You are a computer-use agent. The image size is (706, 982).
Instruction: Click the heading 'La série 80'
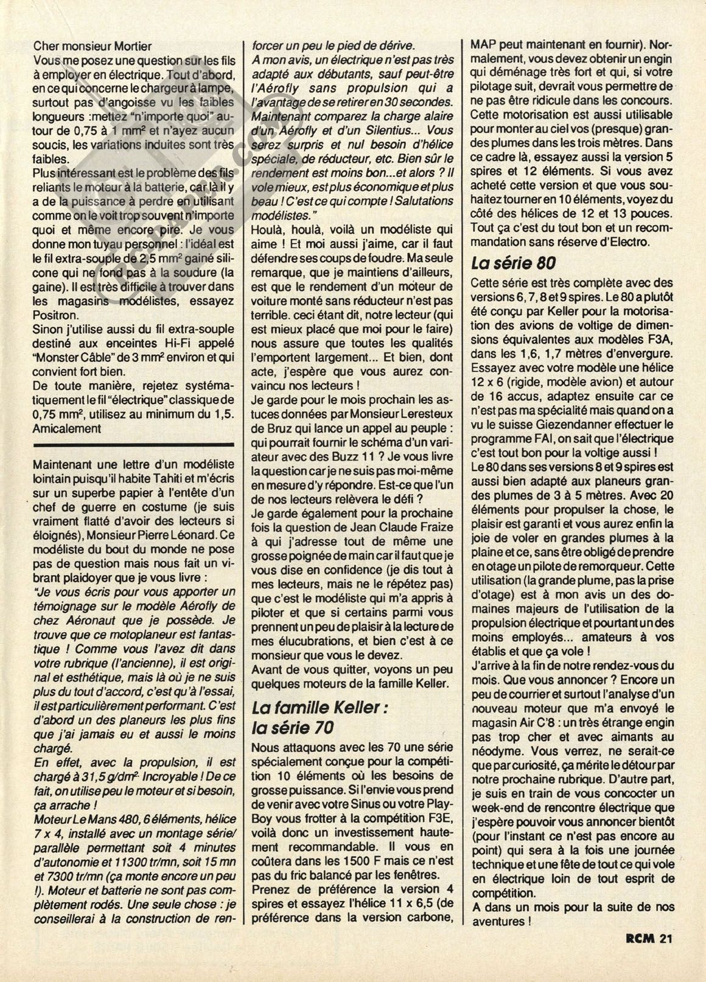click(512, 263)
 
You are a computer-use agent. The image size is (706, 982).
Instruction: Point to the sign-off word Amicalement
click(67, 428)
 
